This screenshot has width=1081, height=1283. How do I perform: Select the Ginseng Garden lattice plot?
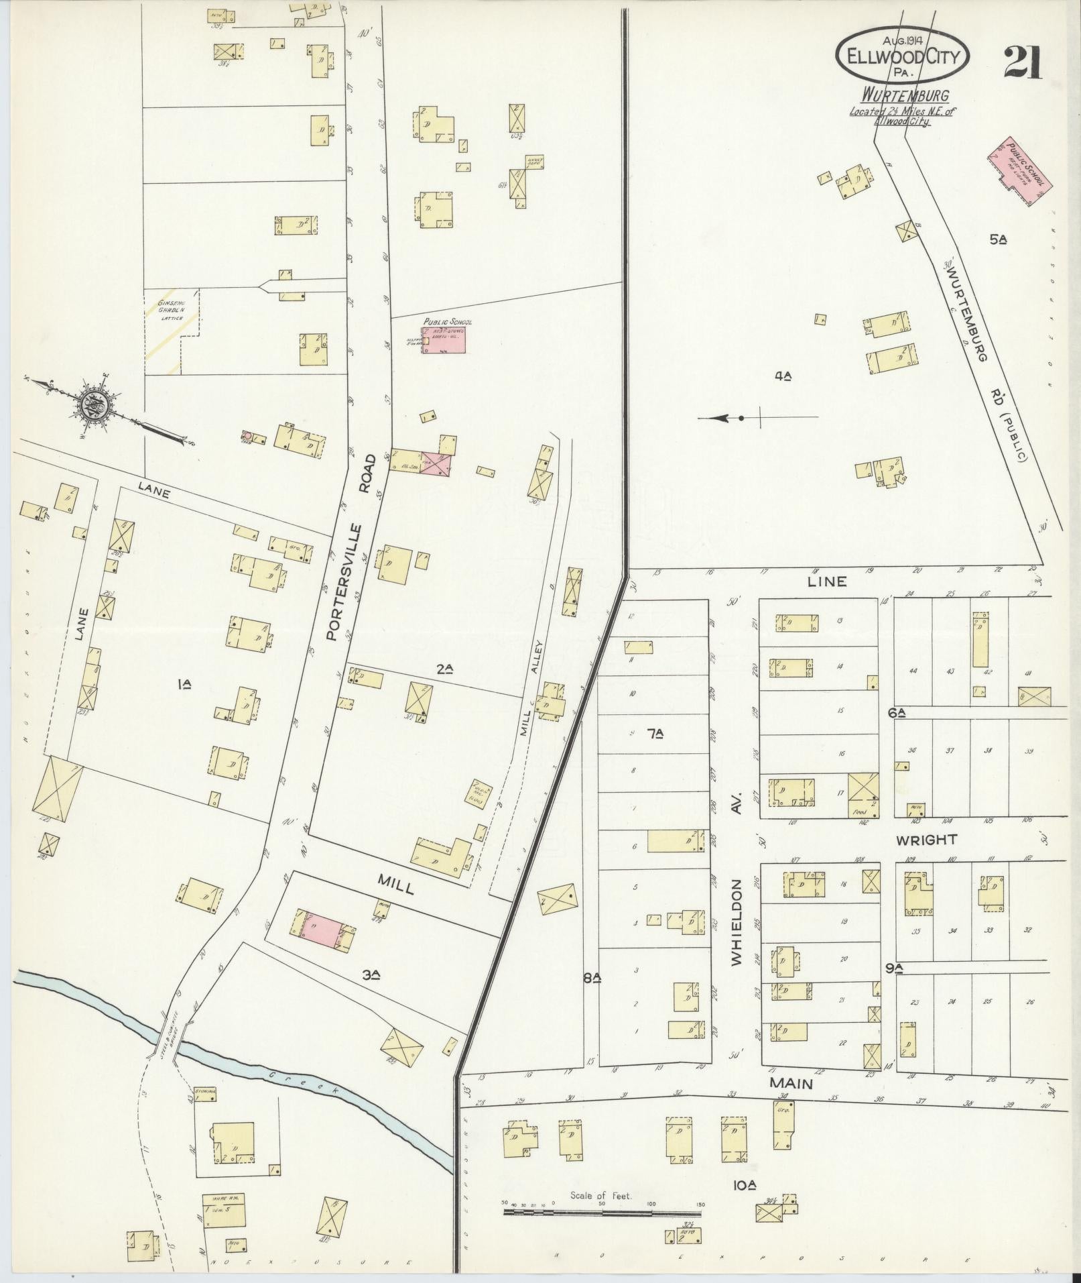(172, 331)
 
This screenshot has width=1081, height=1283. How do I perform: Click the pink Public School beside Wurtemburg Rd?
(1019, 170)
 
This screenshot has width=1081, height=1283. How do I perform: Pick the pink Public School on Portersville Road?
(444, 340)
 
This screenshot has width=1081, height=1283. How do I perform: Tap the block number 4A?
(783, 376)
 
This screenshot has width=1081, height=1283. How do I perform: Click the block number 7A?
(655, 734)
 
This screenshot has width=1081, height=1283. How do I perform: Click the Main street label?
(791, 1083)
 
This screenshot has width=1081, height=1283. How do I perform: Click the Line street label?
(827, 581)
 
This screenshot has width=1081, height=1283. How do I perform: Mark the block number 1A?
(185, 684)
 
